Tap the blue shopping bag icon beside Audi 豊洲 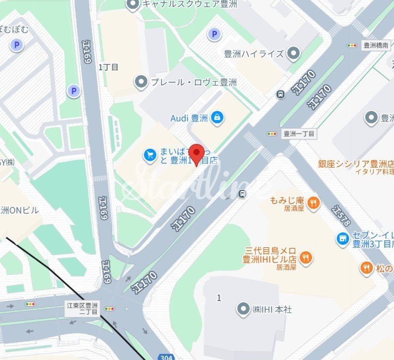coord(217,118)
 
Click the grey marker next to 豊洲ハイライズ coord(294,53)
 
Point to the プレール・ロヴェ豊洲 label coord(193,82)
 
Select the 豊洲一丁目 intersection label coord(299,134)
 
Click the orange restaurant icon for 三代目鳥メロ coord(306,257)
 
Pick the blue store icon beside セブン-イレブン coord(342,239)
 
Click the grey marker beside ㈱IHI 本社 coord(243,310)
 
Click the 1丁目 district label coord(108,67)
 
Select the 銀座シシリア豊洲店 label coord(355,163)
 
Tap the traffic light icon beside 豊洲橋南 coord(352,45)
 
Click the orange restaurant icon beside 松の coord(366,268)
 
